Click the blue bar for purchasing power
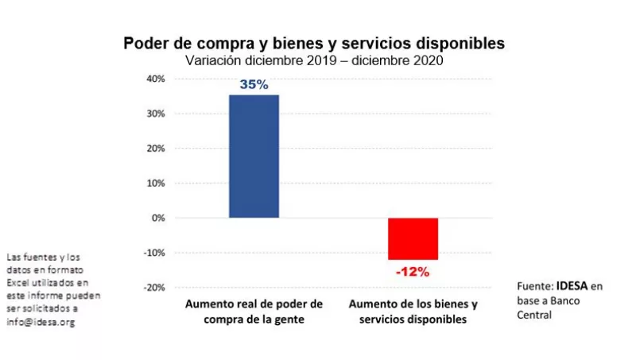254,157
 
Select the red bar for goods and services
413,238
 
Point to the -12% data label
413,272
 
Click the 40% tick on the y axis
155,79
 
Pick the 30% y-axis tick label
155,114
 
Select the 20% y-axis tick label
155,149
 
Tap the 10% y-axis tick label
155,183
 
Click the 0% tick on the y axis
157,218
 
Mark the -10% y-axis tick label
153,253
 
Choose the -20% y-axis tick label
153,287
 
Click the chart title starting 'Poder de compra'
313,43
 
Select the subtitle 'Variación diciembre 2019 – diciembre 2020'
313,60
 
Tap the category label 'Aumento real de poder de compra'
254,312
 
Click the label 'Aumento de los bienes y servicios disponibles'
413,312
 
